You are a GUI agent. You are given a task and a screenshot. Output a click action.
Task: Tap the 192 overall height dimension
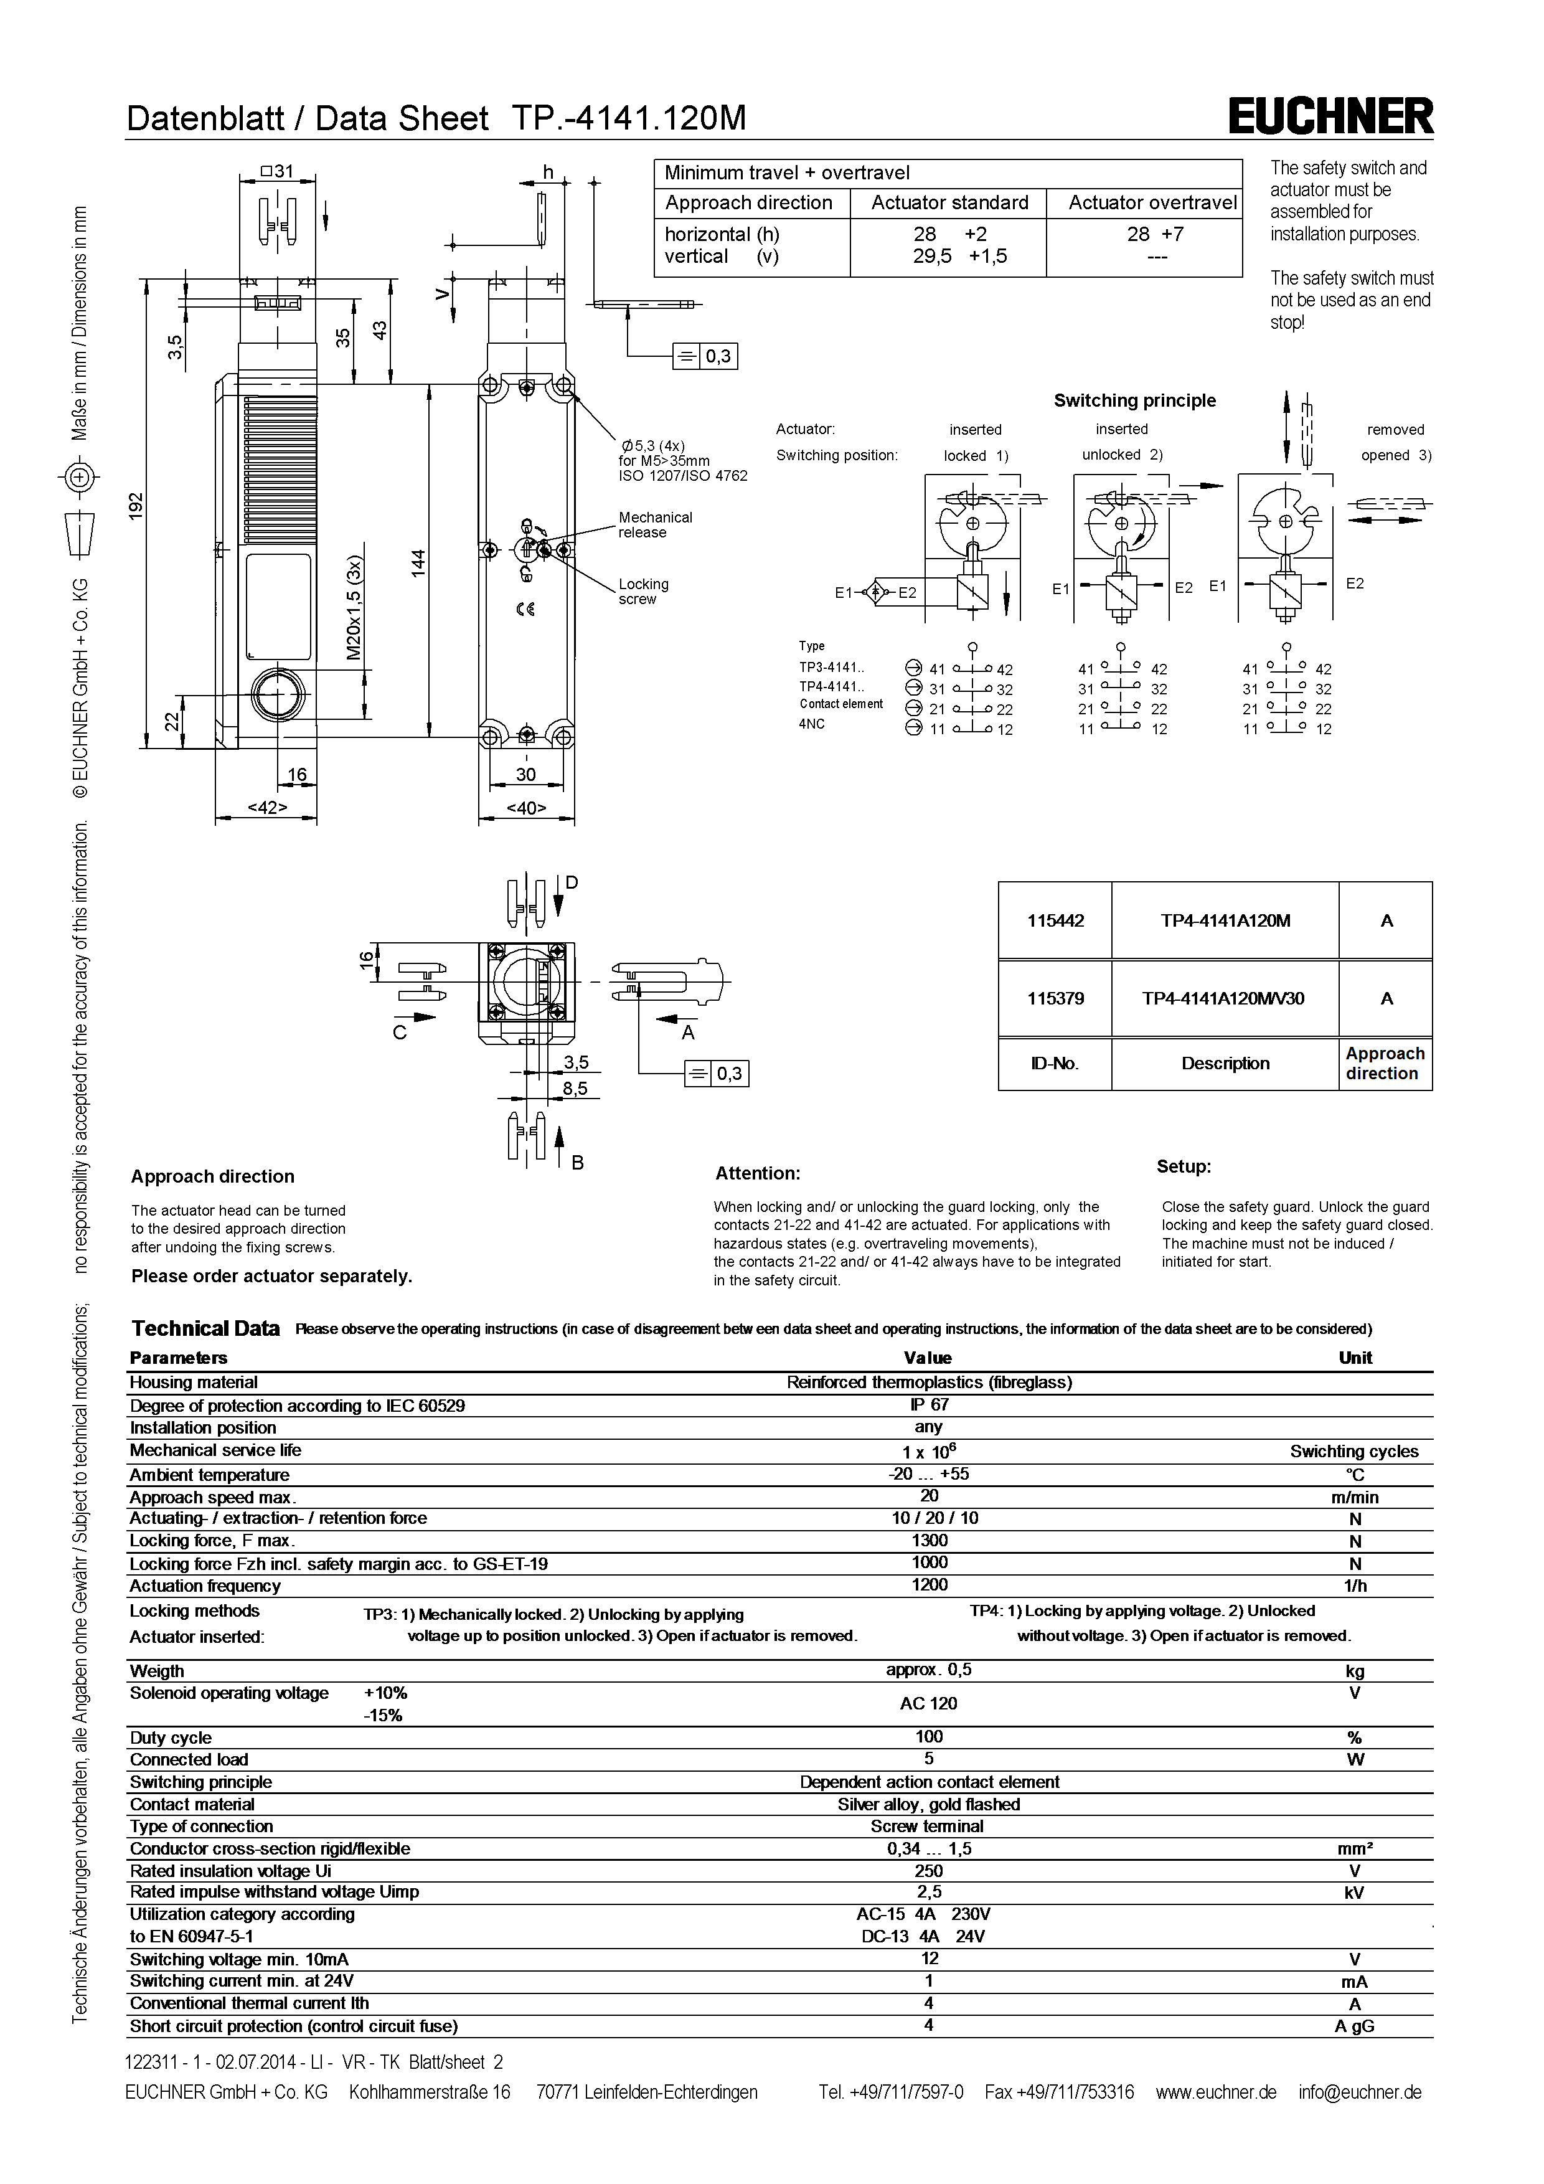pos(136,504)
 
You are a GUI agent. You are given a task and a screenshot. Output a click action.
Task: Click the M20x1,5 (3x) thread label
pos(354,608)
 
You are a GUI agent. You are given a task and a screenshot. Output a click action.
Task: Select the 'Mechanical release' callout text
pos(655,525)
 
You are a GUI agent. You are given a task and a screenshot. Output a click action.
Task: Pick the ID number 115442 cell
pos(1055,921)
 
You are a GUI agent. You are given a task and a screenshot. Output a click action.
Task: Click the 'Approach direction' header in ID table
pos(1384,1064)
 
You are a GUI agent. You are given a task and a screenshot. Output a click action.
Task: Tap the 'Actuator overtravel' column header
pos(1152,202)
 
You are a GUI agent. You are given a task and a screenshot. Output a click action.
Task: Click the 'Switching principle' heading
pos(1134,400)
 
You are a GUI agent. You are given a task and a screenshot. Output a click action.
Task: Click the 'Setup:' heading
pos(1184,1166)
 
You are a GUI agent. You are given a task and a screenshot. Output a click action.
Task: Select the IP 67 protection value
pos(929,1404)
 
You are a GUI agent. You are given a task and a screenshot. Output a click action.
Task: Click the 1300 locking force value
pos(929,1540)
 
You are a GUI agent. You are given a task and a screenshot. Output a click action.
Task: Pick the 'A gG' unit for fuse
pos(1354,2026)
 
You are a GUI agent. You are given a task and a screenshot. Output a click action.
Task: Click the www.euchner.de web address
pos(1216,2092)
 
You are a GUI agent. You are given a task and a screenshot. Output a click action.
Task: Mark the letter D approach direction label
pos(572,882)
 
